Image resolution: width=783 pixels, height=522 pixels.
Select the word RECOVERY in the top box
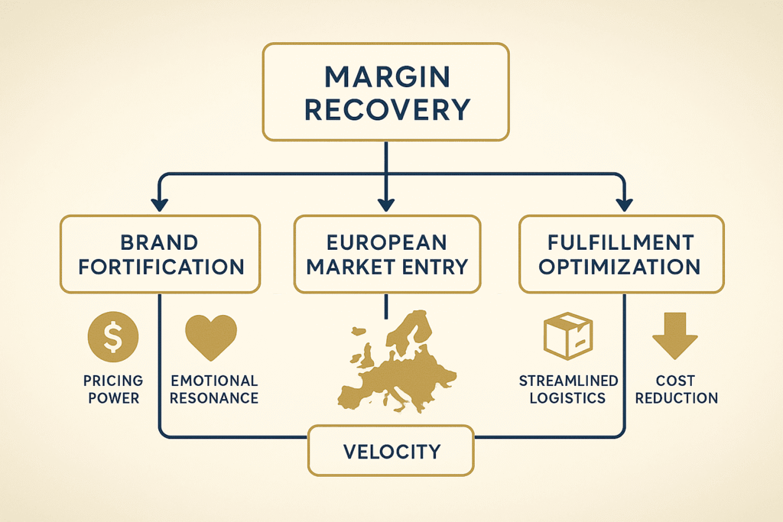tap(386, 110)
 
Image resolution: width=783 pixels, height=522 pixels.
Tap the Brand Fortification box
tap(160, 255)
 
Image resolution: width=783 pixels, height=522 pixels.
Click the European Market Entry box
tap(387, 255)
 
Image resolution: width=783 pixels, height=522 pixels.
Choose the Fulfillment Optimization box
tap(621, 255)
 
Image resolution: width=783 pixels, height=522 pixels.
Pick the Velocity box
tap(391, 451)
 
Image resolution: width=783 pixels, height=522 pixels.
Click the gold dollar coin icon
tap(113, 337)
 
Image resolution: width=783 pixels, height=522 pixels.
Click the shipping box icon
tap(567, 337)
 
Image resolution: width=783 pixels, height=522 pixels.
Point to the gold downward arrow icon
tap(674, 337)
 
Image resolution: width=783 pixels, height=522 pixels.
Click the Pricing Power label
tap(113, 389)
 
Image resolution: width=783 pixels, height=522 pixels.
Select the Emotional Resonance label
tap(214, 389)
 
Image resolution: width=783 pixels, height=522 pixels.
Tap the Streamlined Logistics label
tap(567, 389)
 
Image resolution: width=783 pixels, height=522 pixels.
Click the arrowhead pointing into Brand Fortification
tap(159, 205)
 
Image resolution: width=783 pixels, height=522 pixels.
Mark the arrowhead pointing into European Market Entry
tap(386, 205)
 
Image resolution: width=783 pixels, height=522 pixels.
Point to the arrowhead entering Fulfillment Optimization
tap(624, 205)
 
